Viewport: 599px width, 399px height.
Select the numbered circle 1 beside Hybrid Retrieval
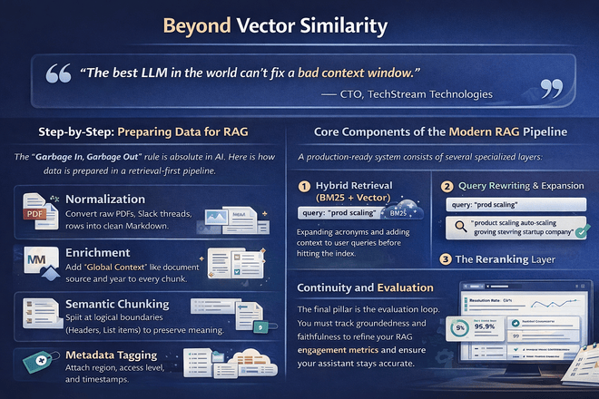click(307, 188)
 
